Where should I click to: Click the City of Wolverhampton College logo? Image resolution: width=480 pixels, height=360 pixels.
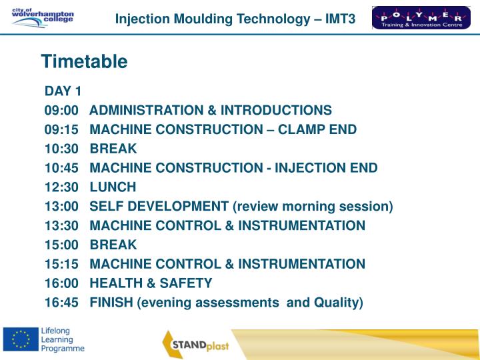(x=43, y=17)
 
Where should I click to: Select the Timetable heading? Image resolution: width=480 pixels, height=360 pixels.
(x=84, y=62)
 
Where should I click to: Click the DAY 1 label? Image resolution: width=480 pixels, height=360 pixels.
(x=63, y=91)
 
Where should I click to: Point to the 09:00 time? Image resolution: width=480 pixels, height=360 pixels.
(x=62, y=110)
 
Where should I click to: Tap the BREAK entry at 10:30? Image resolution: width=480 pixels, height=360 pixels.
(x=113, y=149)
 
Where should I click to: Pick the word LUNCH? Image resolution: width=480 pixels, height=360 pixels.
(x=113, y=187)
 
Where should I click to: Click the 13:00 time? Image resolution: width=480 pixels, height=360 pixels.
(x=62, y=207)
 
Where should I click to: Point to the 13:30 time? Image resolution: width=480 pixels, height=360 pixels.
(x=62, y=226)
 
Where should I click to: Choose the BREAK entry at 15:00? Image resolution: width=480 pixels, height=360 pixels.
(x=113, y=245)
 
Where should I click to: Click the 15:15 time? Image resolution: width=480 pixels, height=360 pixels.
(x=62, y=264)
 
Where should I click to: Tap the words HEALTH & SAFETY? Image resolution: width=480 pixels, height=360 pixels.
(x=151, y=283)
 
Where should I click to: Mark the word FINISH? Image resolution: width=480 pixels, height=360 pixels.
(x=111, y=303)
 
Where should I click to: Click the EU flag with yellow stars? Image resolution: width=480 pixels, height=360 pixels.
(x=20, y=340)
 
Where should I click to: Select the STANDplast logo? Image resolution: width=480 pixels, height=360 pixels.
(x=201, y=344)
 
